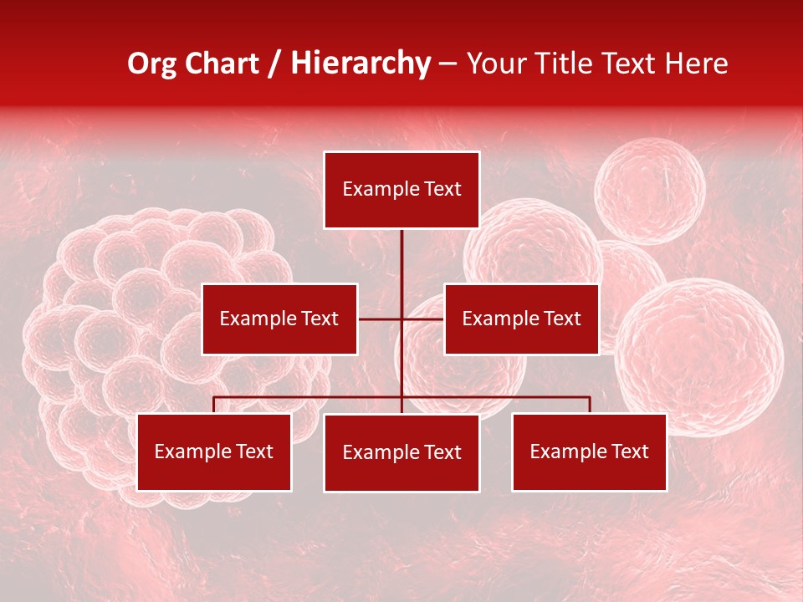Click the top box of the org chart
pos(401,190)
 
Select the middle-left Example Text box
pos(279,319)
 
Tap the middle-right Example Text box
pos(521,319)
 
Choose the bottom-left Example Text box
pos(214,452)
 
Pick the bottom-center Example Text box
pos(401,453)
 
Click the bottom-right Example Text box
pos(589,452)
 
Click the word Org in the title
pos(153,64)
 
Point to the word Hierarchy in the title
pos(361,64)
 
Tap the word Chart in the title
pos(228,64)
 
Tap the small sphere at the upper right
pos(650,191)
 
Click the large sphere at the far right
pos(699,357)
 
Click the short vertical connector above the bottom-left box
pos(214,405)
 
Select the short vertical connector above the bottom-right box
pos(590,405)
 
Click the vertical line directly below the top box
pos(401,259)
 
